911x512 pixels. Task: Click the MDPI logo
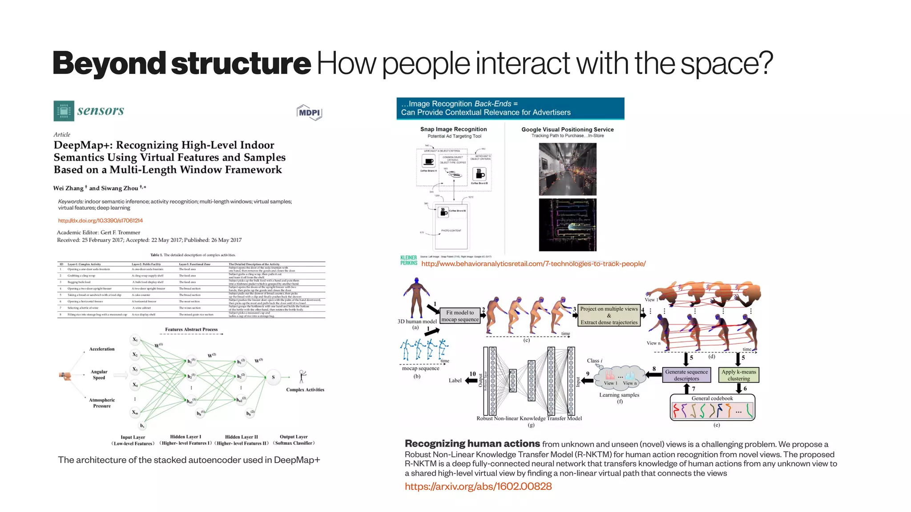point(309,113)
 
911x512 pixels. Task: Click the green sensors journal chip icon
point(64,111)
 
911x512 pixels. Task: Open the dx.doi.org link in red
point(100,220)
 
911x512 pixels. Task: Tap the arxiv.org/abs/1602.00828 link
point(478,486)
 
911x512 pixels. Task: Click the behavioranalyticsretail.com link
point(533,264)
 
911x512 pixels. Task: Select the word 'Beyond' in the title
point(109,63)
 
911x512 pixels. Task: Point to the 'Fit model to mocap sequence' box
point(460,316)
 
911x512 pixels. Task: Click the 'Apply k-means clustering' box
point(738,375)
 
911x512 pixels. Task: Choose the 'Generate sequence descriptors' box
point(686,375)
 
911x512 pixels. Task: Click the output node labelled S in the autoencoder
point(273,377)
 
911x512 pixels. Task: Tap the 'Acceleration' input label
point(102,349)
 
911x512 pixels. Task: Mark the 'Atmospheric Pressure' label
point(102,403)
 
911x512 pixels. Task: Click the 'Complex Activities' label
point(305,390)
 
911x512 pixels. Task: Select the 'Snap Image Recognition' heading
point(453,129)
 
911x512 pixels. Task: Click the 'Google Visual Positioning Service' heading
point(567,130)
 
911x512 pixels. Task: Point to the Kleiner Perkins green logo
point(409,260)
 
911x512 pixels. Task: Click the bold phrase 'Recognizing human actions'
point(472,443)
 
